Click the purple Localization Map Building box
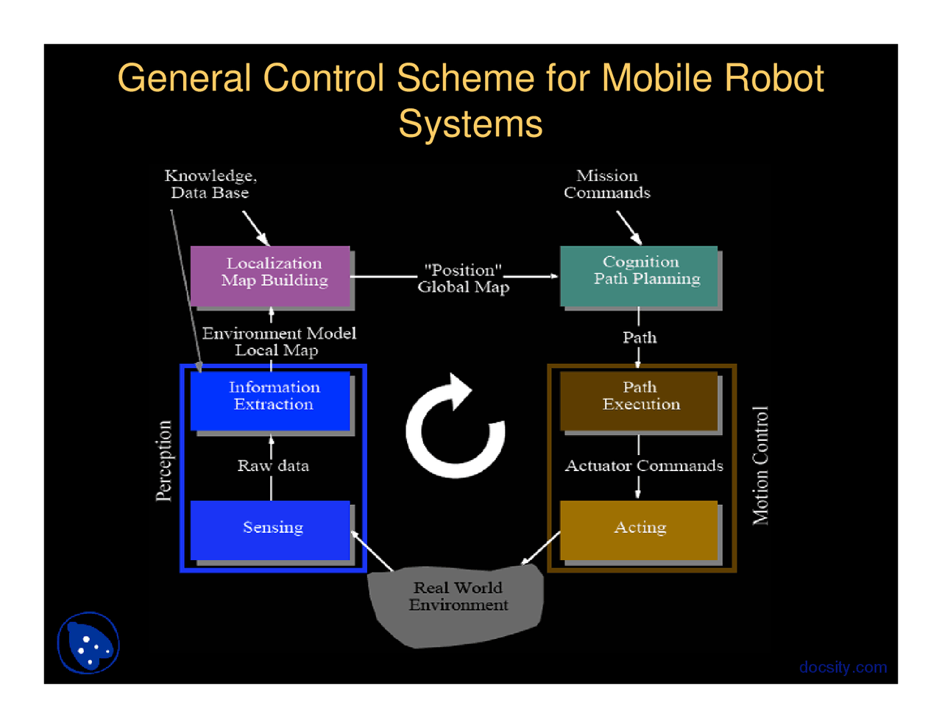point(270,275)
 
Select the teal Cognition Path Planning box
point(639,275)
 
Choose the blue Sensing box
point(270,529)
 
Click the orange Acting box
point(639,529)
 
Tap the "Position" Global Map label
point(463,279)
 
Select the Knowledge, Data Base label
point(210,184)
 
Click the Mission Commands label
point(607,184)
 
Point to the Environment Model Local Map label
point(279,342)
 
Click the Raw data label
point(273,466)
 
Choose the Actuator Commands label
point(644,466)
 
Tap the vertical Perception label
point(164,461)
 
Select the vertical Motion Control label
point(760,465)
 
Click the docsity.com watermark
point(843,667)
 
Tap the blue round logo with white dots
point(88,643)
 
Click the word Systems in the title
point(470,124)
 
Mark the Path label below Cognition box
point(640,338)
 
